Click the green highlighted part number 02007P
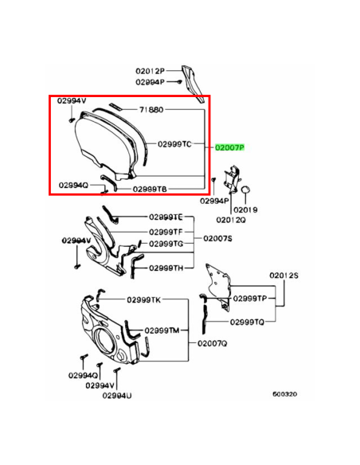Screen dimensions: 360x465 229,147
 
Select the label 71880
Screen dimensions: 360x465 151,110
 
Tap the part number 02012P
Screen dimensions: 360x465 150,71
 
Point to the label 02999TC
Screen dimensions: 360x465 174,144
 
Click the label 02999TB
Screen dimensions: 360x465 150,189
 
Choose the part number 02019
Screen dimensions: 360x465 245,209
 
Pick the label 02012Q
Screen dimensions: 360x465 231,220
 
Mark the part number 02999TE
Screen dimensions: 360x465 166,217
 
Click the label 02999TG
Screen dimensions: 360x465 166,244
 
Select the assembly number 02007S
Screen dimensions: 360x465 217,238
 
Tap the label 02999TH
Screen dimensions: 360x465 166,268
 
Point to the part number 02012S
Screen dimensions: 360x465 284,275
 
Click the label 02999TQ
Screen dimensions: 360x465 247,322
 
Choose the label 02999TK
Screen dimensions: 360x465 144,300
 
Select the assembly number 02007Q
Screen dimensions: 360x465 213,343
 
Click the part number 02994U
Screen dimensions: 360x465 117,395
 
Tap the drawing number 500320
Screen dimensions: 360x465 284,394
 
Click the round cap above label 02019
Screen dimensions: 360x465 245,190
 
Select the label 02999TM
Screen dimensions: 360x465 162,330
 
